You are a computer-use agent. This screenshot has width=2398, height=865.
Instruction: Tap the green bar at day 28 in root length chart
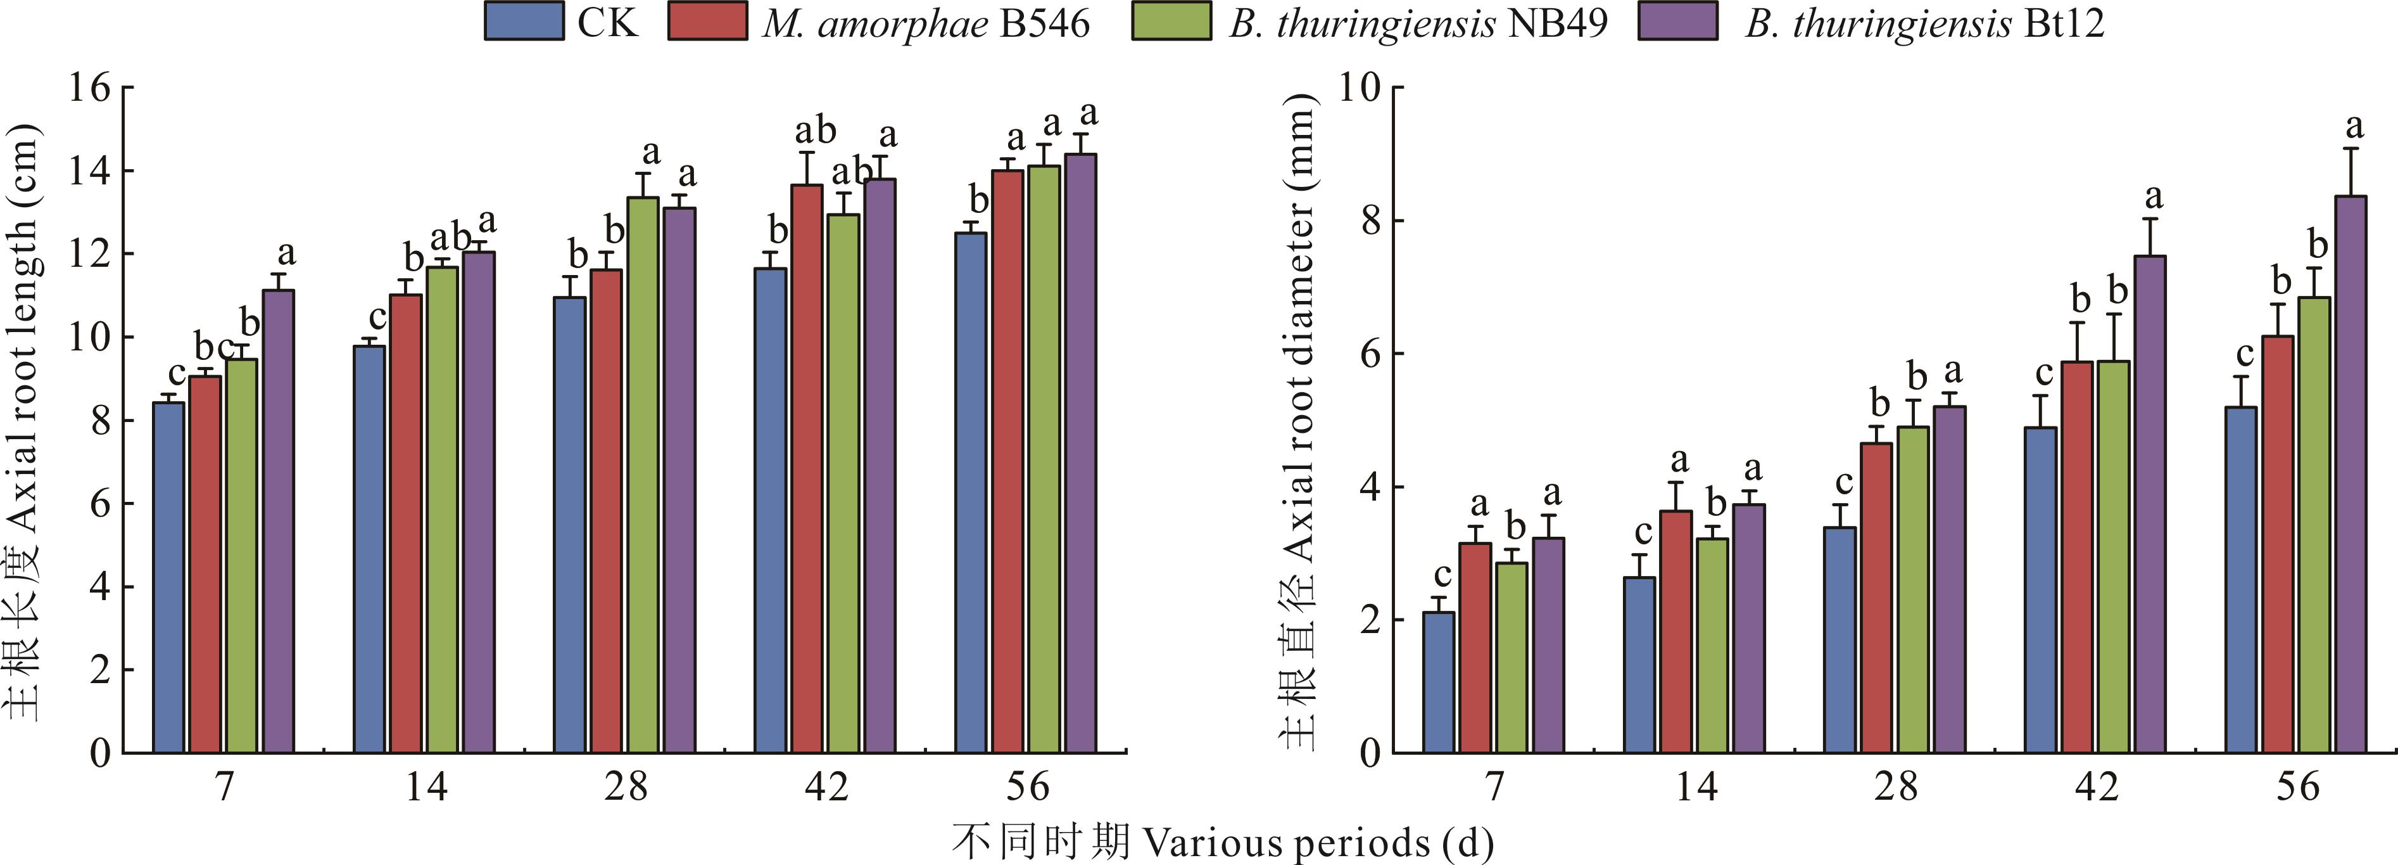642,475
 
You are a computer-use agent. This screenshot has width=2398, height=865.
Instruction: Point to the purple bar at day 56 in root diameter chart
2350,475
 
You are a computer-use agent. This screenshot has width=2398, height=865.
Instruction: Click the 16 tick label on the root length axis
89,89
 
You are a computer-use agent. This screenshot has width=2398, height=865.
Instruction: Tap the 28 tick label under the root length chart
626,788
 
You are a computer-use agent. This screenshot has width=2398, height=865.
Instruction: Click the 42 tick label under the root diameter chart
2097,788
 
